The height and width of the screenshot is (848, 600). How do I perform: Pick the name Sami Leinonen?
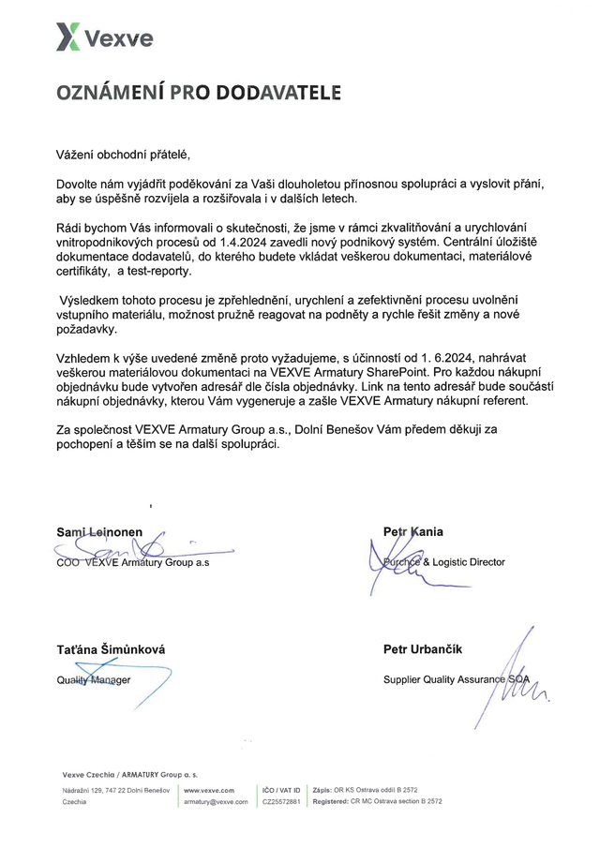coord(99,532)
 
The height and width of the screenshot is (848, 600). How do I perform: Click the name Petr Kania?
coord(413,532)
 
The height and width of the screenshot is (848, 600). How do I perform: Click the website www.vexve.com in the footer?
coord(209,791)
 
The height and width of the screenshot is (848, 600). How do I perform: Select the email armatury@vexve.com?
coord(216,803)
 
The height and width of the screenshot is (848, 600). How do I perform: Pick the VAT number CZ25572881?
coord(281,803)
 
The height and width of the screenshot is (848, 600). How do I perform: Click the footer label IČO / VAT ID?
coord(281,791)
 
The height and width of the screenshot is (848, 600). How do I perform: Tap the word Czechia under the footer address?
coord(74,803)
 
